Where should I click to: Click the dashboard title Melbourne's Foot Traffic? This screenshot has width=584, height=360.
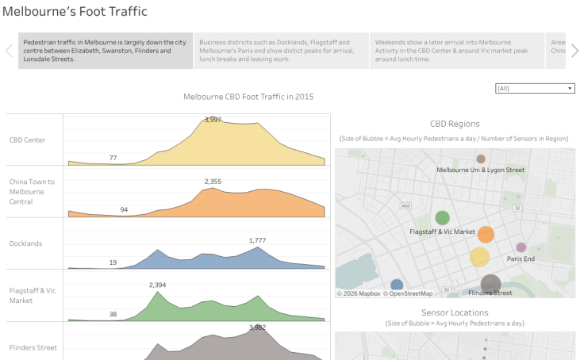click(75, 12)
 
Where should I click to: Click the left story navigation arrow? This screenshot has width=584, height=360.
click(10, 51)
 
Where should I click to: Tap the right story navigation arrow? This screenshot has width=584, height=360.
click(574, 51)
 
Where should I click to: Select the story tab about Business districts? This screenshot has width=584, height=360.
click(281, 51)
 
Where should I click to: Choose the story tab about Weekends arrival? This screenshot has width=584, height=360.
click(457, 51)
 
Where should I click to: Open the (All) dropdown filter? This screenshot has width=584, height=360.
click(535, 88)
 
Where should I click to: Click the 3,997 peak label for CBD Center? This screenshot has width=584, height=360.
click(213, 120)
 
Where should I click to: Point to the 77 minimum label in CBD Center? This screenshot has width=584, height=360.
click(113, 158)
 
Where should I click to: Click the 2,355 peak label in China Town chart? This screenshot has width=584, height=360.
click(213, 182)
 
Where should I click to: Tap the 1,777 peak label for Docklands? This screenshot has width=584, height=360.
click(258, 240)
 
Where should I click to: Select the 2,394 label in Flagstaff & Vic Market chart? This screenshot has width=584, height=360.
click(157, 285)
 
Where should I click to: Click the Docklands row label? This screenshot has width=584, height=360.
click(26, 243)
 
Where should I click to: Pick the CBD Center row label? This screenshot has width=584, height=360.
click(28, 140)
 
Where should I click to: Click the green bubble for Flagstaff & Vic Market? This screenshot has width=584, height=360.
click(442, 217)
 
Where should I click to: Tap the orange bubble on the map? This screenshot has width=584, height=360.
click(486, 235)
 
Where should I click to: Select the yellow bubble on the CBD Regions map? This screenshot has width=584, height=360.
click(479, 256)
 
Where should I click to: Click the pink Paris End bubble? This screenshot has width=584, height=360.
click(521, 247)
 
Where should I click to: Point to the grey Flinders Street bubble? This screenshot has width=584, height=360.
click(490, 284)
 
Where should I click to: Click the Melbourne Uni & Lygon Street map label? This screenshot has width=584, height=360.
click(481, 170)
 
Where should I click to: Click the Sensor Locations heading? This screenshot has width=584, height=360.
click(455, 313)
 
